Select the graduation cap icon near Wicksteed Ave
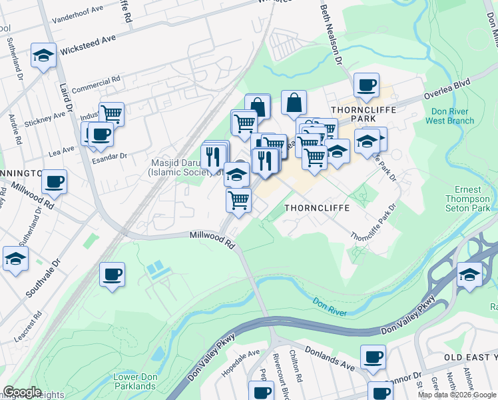(44, 55)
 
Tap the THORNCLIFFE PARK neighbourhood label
(364, 113)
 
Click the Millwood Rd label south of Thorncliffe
(213, 240)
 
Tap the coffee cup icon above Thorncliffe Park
(366, 85)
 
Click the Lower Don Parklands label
(135, 381)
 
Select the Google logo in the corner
(22, 392)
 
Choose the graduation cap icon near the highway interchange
(470, 275)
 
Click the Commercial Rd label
(96, 84)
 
